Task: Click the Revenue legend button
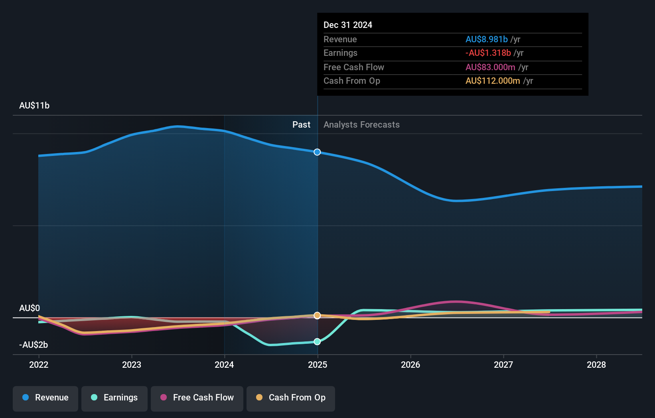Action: click(45, 398)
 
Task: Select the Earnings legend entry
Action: click(114, 398)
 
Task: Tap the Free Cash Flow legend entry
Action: click(197, 398)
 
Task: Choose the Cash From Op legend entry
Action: click(291, 398)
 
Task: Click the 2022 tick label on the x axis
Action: click(39, 365)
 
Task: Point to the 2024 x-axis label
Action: click(224, 365)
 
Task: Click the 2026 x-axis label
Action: click(410, 365)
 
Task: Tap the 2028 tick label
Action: click(596, 365)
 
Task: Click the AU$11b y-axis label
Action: click(34, 105)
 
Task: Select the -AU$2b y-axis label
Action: click(34, 345)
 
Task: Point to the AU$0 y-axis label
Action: click(30, 308)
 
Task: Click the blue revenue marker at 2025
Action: click(317, 152)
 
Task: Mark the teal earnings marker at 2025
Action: click(317, 341)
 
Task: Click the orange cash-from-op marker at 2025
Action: click(317, 315)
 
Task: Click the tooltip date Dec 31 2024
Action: click(348, 25)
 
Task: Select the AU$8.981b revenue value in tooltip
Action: click(486, 39)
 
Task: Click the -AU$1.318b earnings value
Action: click(488, 53)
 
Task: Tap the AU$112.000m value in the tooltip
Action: click(493, 81)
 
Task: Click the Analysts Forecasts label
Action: click(361, 124)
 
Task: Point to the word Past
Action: click(301, 124)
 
